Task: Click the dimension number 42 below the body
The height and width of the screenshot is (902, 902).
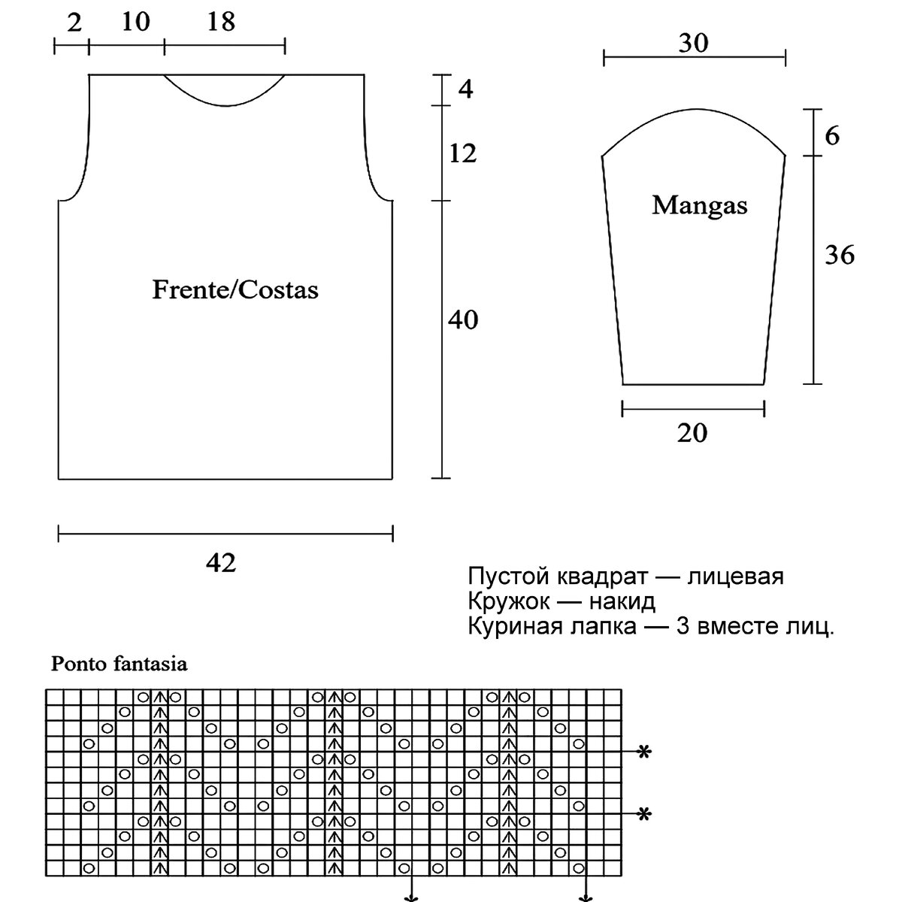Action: (x=221, y=563)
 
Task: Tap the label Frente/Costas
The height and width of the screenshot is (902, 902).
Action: (x=235, y=290)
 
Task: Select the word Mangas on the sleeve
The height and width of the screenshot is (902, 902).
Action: (x=699, y=205)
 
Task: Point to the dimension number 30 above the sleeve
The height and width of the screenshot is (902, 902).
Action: (x=693, y=44)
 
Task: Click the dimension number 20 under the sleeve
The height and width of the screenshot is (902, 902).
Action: (x=692, y=433)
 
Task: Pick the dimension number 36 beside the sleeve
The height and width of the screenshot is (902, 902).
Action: (x=840, y=256)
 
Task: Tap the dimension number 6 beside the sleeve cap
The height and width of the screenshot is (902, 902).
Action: (x=832, y=136)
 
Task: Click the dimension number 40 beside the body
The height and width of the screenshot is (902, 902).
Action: (x=463, y=320)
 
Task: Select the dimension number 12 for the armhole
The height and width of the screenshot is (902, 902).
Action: (x=463, y=154)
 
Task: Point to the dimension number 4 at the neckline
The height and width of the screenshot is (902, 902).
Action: (x=465, y=89)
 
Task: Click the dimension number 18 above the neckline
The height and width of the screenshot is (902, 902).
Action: (x=221, y=22)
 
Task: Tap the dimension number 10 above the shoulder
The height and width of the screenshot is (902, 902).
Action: (x=135, y=22)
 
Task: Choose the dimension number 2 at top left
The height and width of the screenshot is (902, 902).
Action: (x=74, y=22)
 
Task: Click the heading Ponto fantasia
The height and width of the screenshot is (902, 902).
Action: (x=119, y=664)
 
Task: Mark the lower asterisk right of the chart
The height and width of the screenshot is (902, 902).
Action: (x=643, y=814)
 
